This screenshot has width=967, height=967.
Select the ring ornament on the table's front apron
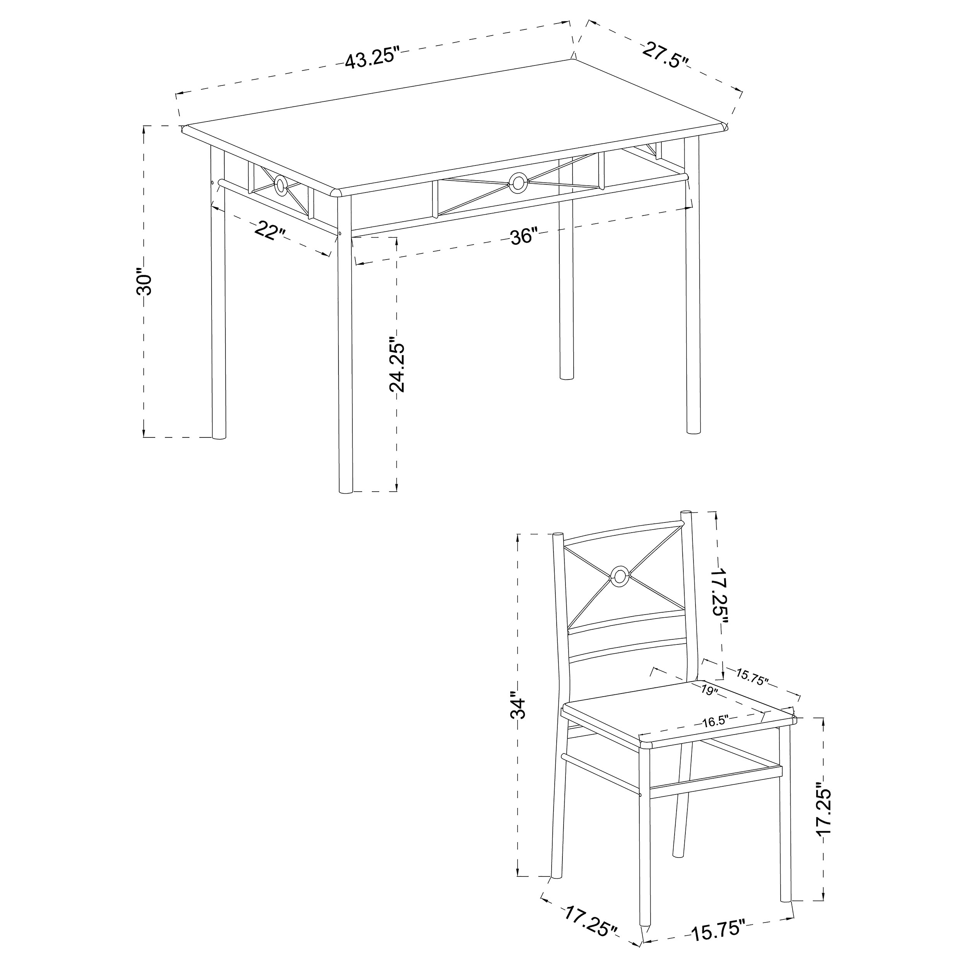pyautogui.click(x=517, y=182)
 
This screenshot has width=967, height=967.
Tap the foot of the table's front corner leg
pyautogui.click(x=345, y=490)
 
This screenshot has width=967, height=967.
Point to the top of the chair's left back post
pyautogui.click(x=557, y=536)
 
